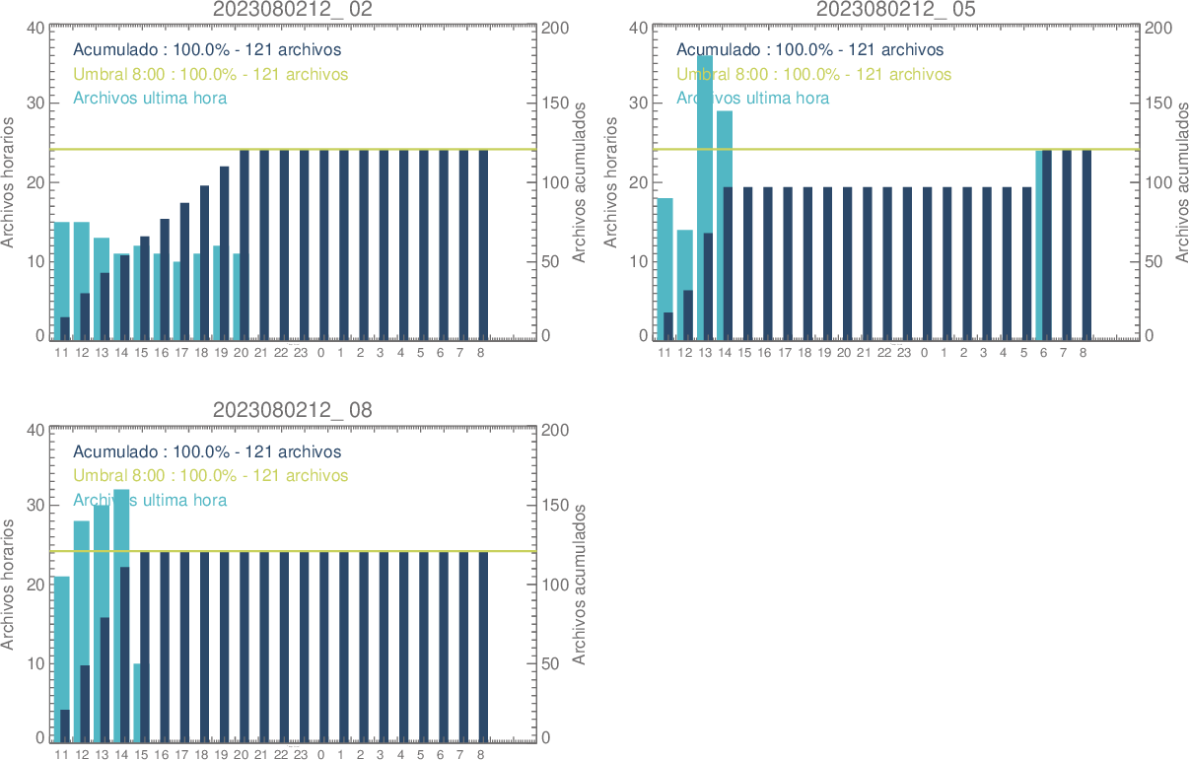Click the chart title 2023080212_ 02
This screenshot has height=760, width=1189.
pyautogui.click(x=293, y=9)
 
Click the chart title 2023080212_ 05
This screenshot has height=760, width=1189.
pyautogui.click(x=895, y=9)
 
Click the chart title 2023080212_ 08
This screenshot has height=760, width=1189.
pyautogui.click(x=293, y=410)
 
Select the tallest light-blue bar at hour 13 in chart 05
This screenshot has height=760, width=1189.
pyautogui.click(x=705, y=148)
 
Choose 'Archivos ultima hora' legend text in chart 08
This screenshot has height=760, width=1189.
pyautogui.click(x=150, y=500)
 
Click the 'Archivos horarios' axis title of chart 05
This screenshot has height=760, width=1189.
pyautogui.click(x=611, y=182)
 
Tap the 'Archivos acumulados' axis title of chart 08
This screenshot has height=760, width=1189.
pyautogui.click(x=580, y=584)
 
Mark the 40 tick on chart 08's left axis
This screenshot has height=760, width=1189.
pyautogui.click(x=35, y=430)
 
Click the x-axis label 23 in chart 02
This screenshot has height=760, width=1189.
pyautogui.click(x=301, y=352)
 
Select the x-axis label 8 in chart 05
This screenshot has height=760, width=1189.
pyautogui.click(x=1084, y=352)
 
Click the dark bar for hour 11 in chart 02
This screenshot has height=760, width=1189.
pyautogui.click(x=65, y=328)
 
